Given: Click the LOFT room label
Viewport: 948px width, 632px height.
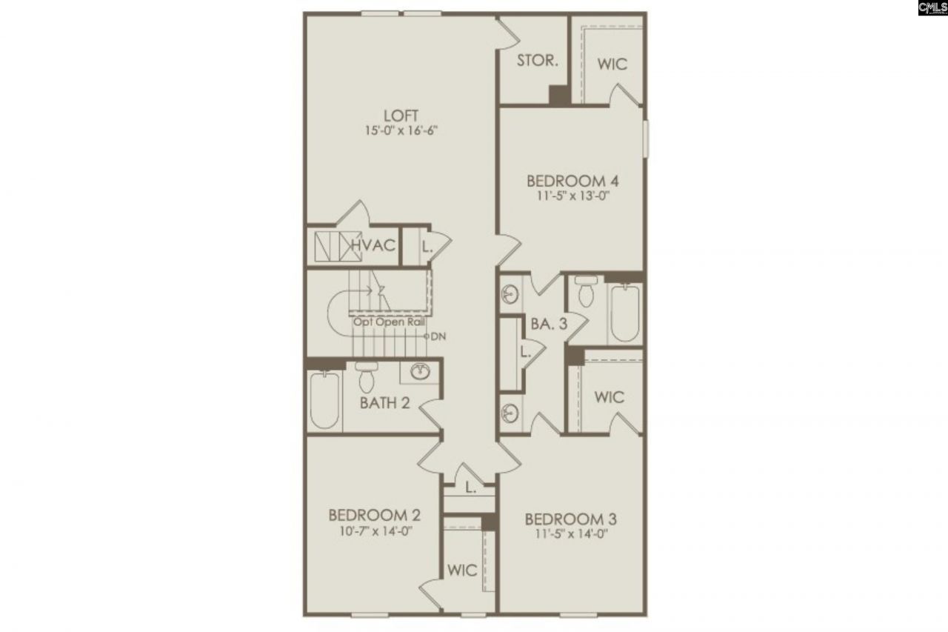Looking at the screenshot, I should [401, 116].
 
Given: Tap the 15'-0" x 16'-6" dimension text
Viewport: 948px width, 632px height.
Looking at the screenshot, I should [401, 132].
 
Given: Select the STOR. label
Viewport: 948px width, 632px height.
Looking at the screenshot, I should [537, 61].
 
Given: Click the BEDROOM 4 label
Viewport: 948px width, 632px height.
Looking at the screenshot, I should [573, 181].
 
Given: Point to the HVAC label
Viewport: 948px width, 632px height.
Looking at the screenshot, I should [373, 246].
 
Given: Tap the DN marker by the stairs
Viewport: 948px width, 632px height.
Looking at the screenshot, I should [438, 336].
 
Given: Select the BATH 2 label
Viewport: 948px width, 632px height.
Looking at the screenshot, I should [385, 404].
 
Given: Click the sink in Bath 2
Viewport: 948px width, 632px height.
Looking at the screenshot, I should [420, 371].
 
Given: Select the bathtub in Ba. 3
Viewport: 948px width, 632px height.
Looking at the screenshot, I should [624, 313].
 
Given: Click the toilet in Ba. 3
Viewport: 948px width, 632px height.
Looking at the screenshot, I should [586, 292].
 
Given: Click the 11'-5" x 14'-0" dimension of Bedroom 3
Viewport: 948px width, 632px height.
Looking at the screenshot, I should [570, 533].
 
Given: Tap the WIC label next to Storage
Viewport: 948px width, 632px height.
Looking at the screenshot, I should [612, 64].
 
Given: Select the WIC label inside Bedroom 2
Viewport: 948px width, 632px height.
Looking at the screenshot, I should [462, 571].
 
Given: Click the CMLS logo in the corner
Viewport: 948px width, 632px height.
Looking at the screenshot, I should [932, 8].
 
